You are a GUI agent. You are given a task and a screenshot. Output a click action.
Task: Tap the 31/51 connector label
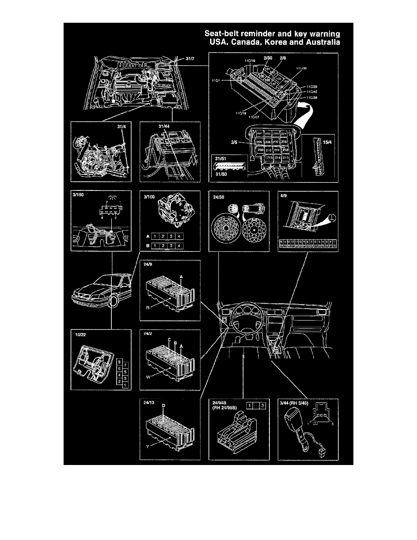click(x=221, y=158)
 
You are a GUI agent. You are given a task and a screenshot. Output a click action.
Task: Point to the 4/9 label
click(x=284, y=197)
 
